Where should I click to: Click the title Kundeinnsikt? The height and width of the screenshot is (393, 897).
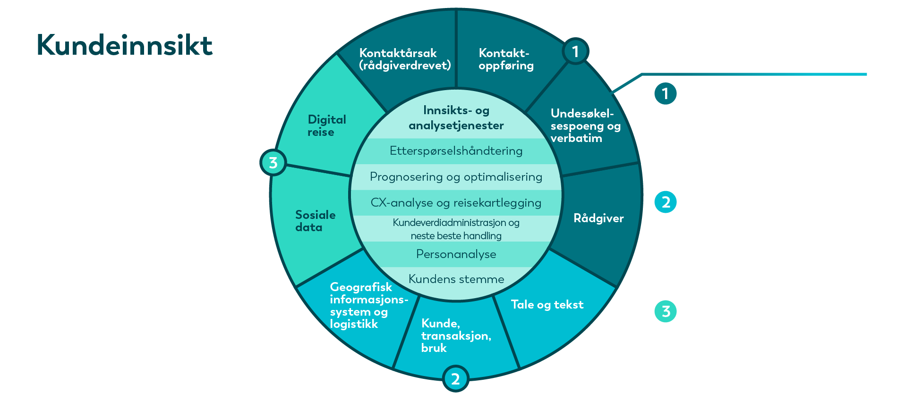click(x=125, y=45)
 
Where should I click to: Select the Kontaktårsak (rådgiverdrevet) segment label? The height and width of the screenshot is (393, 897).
click(x=405, y=59)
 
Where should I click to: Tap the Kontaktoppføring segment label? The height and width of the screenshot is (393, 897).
click(x=506, y=59)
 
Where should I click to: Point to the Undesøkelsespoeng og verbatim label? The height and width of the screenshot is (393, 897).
click(x=585, y=126)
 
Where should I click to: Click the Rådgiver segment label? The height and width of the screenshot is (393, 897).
click(x=598, y=218)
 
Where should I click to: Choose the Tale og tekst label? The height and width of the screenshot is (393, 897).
click(x=547, y=305)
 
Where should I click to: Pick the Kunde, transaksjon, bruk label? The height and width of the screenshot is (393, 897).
click(x=456, y=335)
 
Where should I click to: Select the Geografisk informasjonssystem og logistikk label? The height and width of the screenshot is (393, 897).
click(x=369, y=305)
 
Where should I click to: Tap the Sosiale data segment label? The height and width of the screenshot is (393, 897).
click(x=315, y=221)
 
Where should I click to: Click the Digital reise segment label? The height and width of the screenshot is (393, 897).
click(x=326, y=125)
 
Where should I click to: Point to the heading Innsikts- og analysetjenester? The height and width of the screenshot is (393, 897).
click(x=456, y=117)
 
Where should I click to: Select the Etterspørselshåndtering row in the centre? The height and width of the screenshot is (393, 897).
click(x=456, y=151)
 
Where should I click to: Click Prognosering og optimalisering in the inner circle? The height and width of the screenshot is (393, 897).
click(x=456, y=177)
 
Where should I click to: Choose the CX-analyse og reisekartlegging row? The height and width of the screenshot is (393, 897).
click(x=456, y=203)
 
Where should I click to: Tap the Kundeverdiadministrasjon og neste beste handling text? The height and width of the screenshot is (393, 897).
click(x=456, y=229)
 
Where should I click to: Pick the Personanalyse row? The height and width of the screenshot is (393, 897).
click(x=456, y=254)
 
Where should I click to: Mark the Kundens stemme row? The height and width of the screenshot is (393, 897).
click(x=456, y=279)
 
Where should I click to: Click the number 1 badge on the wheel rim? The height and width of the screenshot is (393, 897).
click(x=575, y=51)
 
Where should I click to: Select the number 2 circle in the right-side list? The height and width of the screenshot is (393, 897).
click(x=666, y=202)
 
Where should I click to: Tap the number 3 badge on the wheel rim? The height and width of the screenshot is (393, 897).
click(x=273, y=163)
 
